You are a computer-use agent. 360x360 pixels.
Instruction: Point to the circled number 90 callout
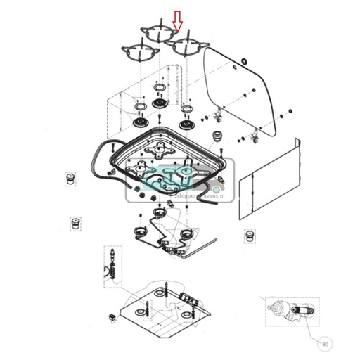coord(323,345)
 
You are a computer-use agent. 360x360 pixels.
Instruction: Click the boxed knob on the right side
coord(248,237)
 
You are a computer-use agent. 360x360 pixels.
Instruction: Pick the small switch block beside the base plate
coord(111,316)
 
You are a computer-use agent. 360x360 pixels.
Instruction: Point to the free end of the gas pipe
coord(210,242)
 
